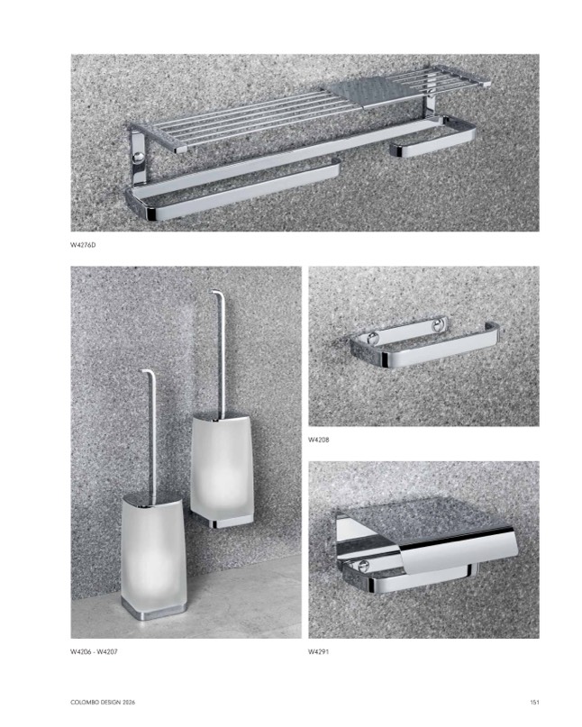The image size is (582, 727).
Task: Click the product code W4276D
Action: click(x=83, y=245)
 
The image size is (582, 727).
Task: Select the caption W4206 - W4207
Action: click(x=94, y=651)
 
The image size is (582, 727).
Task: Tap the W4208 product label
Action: click(x=319, y=440)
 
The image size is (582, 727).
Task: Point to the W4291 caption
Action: click(x=319, y=651)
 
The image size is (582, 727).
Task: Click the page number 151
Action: click(x=534, y=703)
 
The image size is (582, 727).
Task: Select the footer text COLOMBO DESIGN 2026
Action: click(x=103, y=703)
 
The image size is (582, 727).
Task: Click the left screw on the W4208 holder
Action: click(x=371, y=338)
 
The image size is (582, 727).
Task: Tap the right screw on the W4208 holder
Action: click(x=438, y=325)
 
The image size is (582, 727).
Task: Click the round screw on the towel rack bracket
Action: click(x=138, y=157)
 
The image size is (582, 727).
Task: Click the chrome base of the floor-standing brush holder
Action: click(x=154, y=611)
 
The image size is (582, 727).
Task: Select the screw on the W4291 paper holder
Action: click(x=363, y=566)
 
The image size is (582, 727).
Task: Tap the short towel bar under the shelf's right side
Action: click(x=432, y=145)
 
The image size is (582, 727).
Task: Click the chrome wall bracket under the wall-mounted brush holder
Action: click(x=223, y=523)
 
